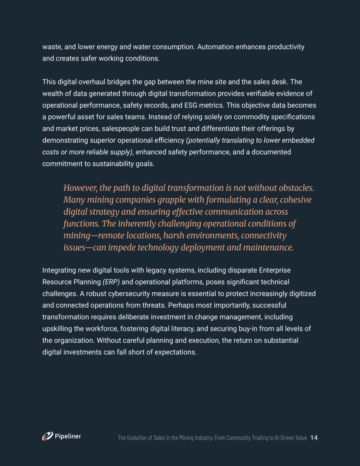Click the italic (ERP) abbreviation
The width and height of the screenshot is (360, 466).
[111, 282]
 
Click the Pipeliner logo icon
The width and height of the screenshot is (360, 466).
[47, 436]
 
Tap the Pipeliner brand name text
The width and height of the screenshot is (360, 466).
[68, 436]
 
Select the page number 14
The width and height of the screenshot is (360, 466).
[314, 438]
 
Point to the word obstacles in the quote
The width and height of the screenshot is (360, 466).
[296, 188]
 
